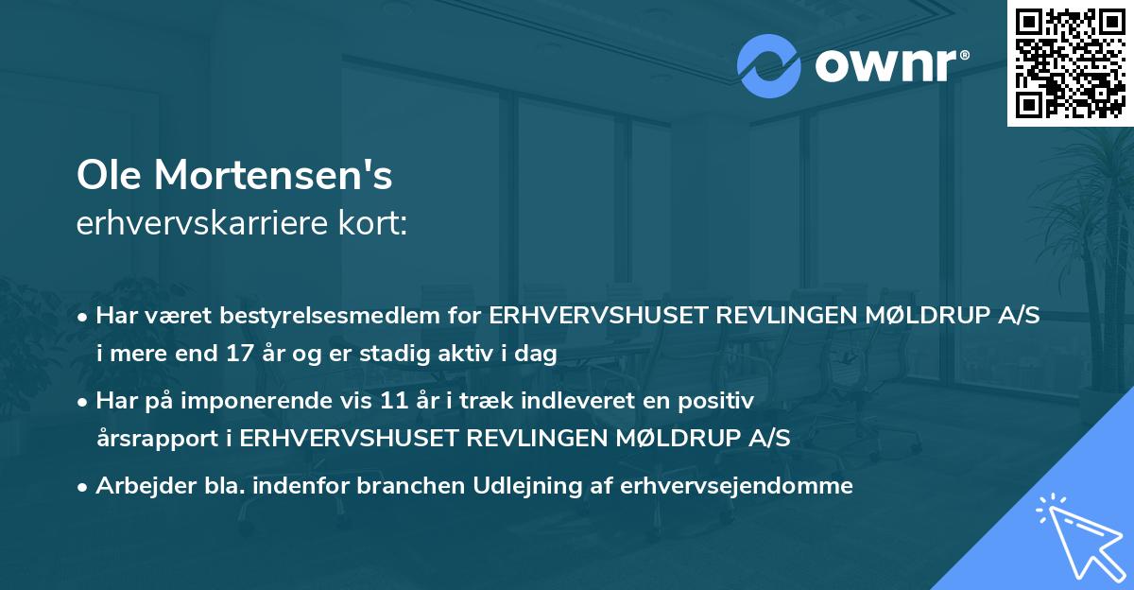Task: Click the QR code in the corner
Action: pyautogui.click(x=1070, y=63)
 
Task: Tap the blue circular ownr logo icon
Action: pyautogui.click(x=769, y=66)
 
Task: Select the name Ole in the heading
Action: pyautogui.click(x=106, y=175)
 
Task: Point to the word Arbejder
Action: pyautogui.click(x=136, y=486)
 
